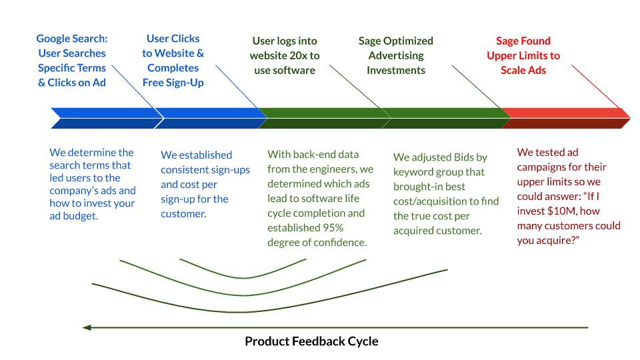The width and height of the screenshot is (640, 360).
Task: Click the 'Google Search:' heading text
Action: tap(72, 39)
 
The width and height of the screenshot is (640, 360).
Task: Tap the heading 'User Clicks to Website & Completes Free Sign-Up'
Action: tap(173, 61)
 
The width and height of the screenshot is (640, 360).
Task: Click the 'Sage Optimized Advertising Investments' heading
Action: tap(396, 55)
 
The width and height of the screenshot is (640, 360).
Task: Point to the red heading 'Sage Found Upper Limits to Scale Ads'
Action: tap(523, 55)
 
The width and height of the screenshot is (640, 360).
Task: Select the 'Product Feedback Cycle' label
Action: tap(311, 341)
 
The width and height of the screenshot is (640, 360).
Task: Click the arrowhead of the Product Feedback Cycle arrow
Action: tap(87, 327)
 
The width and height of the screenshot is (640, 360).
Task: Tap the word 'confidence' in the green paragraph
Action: tap(339, 243)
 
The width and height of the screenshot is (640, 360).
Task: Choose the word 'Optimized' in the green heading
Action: tap(409, 41)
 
